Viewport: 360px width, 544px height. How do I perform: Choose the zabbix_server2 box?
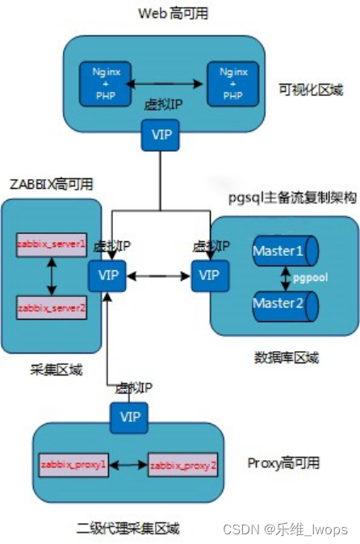pyautogui.click(x=51, y=308)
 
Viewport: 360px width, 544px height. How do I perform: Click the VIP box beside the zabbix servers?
pyautogui.click(x=107, y=276)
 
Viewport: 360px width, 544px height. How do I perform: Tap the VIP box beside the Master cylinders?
pyautogui.click(x=208, y=276)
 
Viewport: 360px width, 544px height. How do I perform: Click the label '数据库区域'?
pyautogui.click(x=288, y=358)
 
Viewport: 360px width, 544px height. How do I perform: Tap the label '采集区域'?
pyautogui.click(x=46, y=371)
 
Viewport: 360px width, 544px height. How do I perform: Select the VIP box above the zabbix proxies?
pyautogui.click(x=128, y=417)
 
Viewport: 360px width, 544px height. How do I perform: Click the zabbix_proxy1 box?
pyautogui.click(x=73, y=465)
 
